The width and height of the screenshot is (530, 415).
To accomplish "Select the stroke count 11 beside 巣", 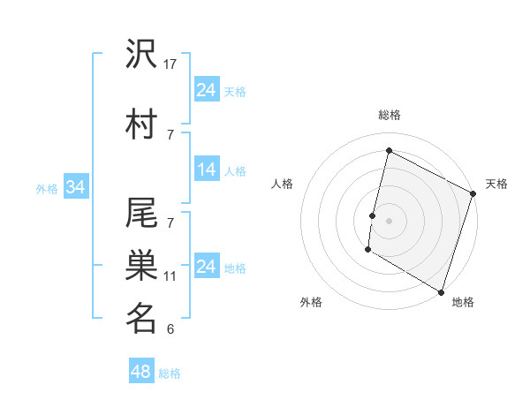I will pyautogui.click(x=170, y=275).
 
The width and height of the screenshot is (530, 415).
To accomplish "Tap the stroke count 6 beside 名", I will pyautogui.click(x=170, y=329).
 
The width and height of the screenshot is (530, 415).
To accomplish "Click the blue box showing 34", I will pyautogui.click(x=75, y=187).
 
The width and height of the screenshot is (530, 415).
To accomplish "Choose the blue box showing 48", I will pyautogui.click(x=141, y=373).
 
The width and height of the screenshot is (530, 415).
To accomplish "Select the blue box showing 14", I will pyautogui.click(x=207, y=170).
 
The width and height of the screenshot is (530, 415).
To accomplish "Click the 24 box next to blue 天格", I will pyautogui.click(x=207, y=90).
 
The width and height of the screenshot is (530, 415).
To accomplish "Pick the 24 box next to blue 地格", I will pyautogui.click(x=207, y=267).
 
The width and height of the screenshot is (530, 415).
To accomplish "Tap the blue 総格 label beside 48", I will pyautogui.click(x=170, y=373).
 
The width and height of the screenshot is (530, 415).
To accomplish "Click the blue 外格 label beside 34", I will pyautogui.click(x=47, y=188).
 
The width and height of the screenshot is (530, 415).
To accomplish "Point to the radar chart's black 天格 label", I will pyautogui.click(x=496, y=184).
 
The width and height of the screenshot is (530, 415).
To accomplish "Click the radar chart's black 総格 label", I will pyautogui.click(x=389, y=115).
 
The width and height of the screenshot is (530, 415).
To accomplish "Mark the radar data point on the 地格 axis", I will pyautogui.click(x=440, y=290).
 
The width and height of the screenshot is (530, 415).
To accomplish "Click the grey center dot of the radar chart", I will pyautogui.click(x=389, y=220).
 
